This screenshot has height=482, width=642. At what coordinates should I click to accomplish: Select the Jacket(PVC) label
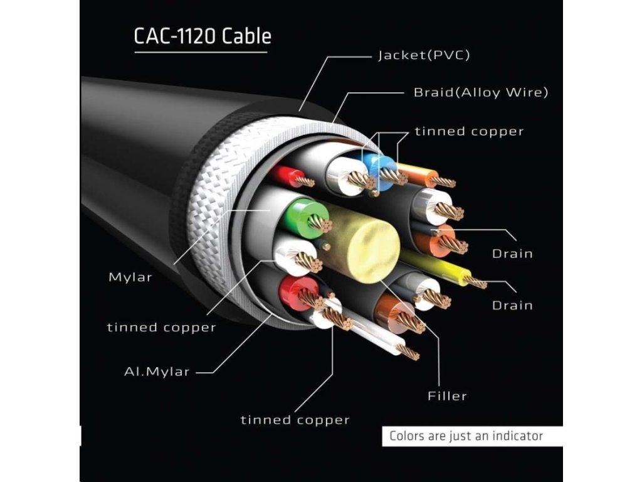click(x=423, y=56)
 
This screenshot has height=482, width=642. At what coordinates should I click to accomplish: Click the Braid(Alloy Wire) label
click(x=481, y=93)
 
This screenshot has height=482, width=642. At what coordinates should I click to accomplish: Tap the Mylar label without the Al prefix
click(x=130, y=277)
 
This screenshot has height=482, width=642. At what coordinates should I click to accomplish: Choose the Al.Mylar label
click(x=156, y=372)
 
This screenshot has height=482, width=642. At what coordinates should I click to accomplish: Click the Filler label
click(x=447, y=396)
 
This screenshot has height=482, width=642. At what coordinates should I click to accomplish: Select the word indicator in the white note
click(x=513, y=436)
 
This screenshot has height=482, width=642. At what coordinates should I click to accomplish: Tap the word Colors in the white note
click(x=408, y=436)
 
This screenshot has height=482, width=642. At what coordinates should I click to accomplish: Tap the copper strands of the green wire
click(x=320, y=223)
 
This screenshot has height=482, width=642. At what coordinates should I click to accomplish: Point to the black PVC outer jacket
click(x=138, y=144)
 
